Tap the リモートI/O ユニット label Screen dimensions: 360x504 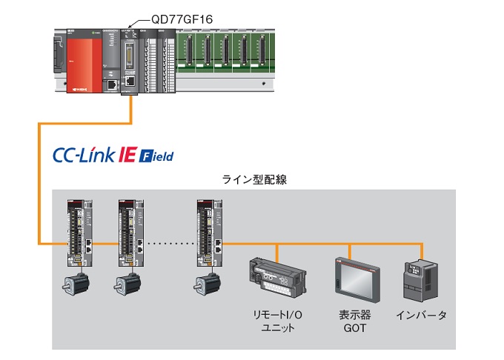(x=273, y=321)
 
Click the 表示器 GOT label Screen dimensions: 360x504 (x=352, y=321)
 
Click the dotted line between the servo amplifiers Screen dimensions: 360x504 (x=169, y=244)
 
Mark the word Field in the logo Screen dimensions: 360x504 (x=157, y=157)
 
